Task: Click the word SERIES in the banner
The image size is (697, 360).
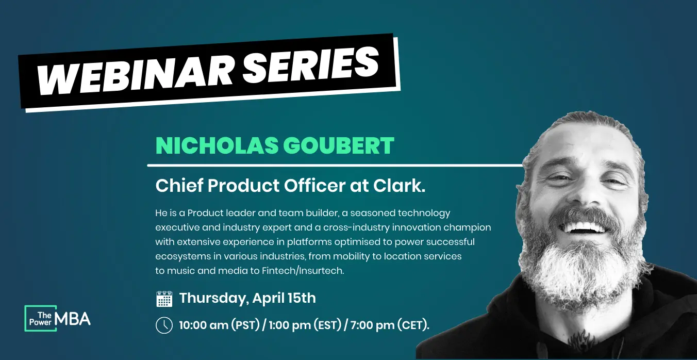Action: pos(310,65)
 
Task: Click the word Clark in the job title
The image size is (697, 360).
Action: pos(399,186)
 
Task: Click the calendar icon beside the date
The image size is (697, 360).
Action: pos(164,299)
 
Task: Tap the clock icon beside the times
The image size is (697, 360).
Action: pos(164,325)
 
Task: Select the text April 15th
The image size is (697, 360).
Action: pos(284,298)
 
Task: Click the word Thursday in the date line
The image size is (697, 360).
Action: pos(214,298)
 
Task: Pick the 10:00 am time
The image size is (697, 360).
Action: pos(204,325)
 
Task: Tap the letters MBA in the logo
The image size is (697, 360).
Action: pos(73,319)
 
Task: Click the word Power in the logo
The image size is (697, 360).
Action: pos(40,322)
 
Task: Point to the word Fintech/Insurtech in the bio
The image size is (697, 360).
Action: pos(303,271)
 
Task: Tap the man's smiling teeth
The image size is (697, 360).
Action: pos(585,227)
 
